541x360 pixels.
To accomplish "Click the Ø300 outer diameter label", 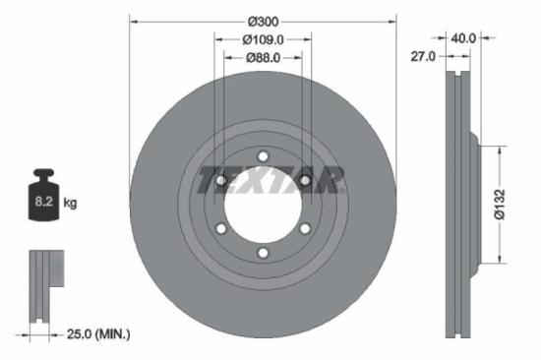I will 263,20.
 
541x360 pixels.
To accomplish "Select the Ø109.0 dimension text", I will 263,39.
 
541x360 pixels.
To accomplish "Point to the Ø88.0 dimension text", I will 263,59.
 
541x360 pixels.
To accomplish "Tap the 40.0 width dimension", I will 463,38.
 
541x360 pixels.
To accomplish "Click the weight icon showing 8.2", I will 44,199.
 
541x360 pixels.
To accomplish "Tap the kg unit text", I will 71,204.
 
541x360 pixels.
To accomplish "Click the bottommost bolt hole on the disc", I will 263,253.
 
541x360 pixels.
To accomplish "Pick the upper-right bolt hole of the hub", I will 305,180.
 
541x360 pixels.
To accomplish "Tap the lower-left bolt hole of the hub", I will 221,228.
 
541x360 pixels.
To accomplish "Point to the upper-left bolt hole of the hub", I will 221,180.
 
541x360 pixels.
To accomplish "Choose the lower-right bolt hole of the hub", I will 305,228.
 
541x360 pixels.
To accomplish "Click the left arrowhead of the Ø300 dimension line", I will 133,20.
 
